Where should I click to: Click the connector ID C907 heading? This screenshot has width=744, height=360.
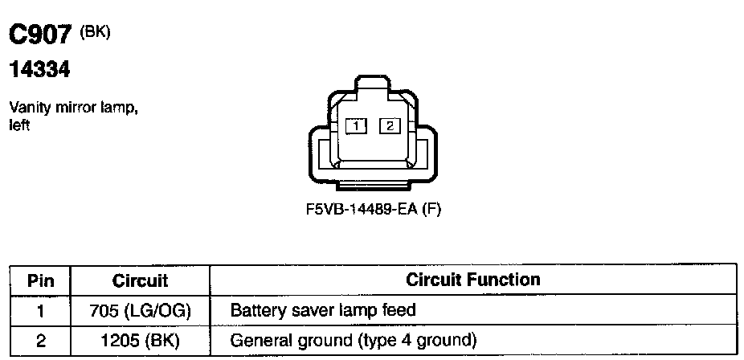[41, 35]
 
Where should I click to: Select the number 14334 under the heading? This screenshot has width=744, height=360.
[39, 71]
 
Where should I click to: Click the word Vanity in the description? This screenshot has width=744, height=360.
[26, 108]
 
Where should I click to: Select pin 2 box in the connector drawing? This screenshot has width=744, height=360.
[390, 125]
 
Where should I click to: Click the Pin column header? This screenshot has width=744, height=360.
[40, 280]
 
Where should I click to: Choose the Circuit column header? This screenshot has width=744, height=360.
[140, 280]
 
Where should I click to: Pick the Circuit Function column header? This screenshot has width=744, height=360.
[472, 280]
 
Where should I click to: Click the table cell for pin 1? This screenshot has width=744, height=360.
[40, 310]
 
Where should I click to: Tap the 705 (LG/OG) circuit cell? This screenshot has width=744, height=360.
[140, 310]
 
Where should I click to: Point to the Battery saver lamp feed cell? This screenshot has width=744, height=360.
[323, 310]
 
